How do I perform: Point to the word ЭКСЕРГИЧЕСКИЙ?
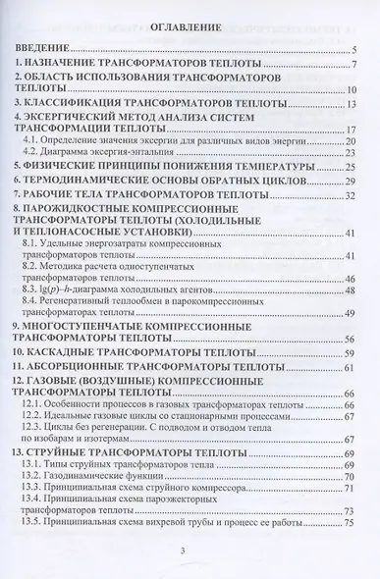86,120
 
